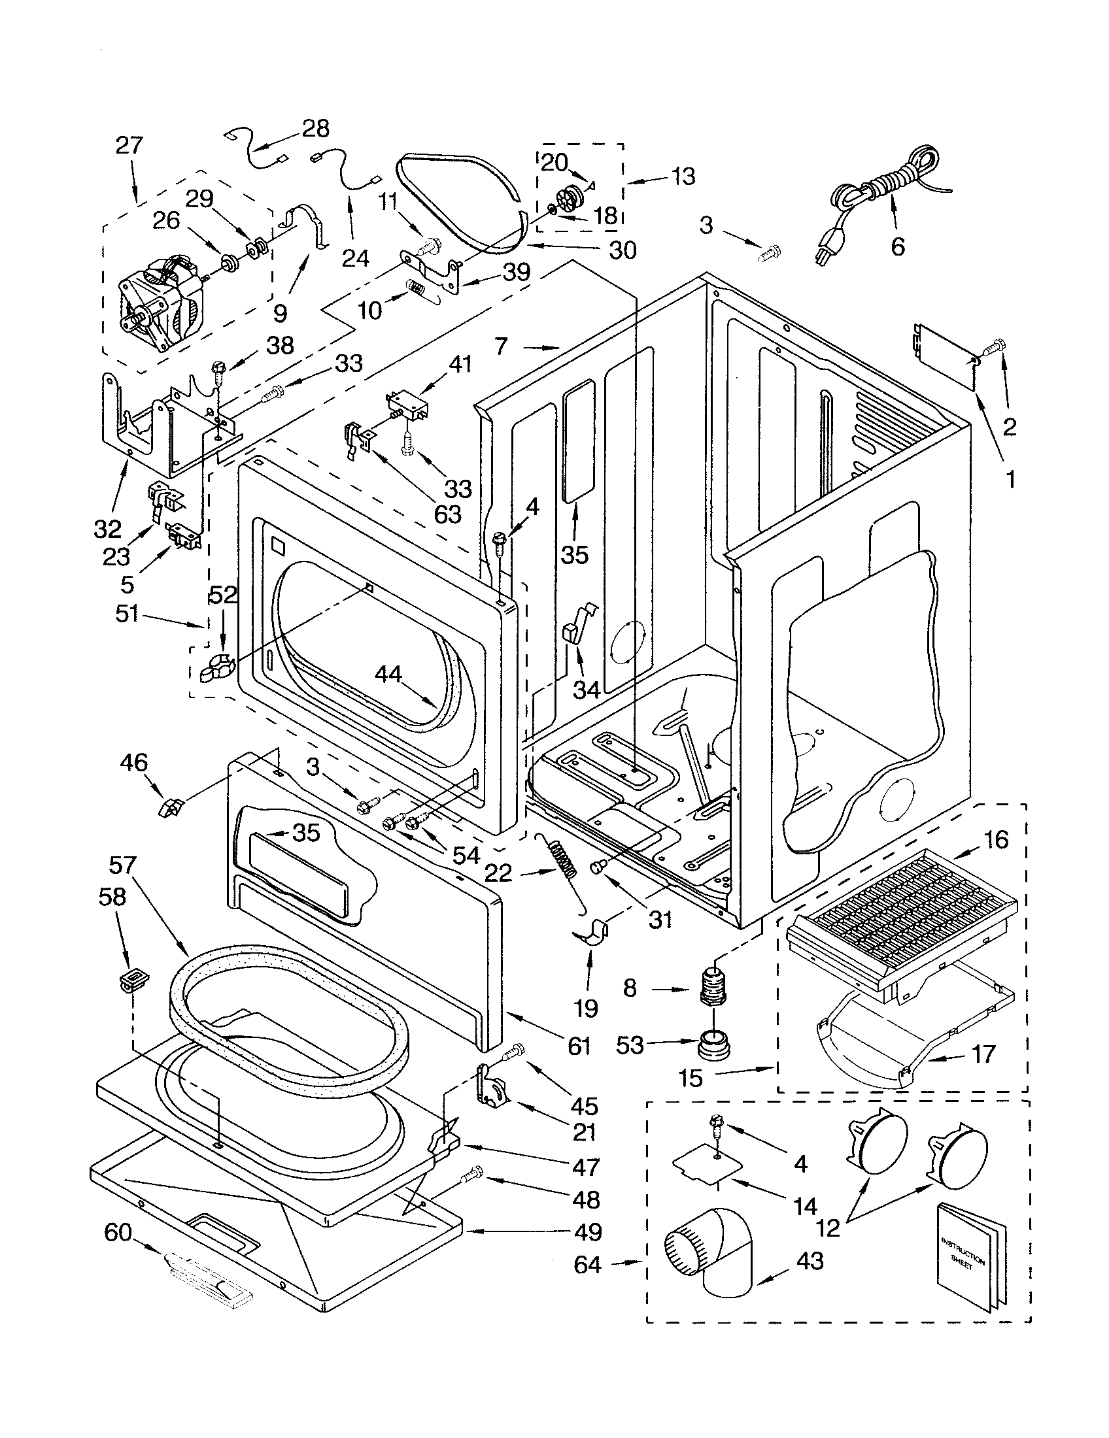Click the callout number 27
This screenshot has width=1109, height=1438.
(x=128, y=145)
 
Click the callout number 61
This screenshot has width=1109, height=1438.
(x=579, y=1046)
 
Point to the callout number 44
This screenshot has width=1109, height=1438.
(x=389, y=673)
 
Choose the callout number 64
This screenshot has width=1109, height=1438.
(x=587, y=1265)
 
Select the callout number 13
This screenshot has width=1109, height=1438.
(x=683, y=176)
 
